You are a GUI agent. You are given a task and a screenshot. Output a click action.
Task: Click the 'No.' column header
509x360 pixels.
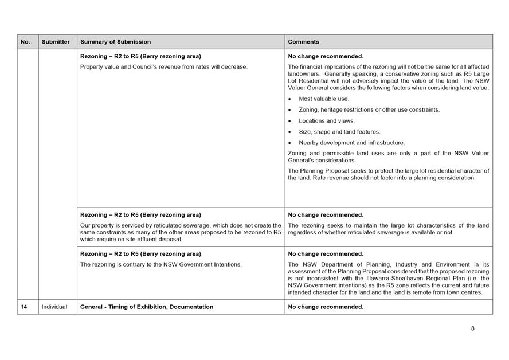click(25, 42)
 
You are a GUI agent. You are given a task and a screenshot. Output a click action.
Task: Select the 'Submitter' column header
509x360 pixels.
click(56, 42)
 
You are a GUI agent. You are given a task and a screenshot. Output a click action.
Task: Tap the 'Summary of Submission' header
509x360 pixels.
click(116, 42)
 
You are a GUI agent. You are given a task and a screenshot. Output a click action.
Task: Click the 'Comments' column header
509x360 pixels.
click(304, 42)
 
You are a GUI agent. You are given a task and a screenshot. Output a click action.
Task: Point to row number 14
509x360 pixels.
click(24, 307)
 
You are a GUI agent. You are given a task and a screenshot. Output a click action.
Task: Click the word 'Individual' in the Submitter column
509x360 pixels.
click(54, 307)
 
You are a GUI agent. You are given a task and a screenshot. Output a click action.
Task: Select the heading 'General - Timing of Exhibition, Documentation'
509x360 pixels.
click(147, 307)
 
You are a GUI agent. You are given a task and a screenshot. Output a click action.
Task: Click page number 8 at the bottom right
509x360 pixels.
click(473, 328)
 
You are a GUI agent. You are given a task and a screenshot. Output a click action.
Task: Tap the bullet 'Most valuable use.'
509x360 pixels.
click(324, 99)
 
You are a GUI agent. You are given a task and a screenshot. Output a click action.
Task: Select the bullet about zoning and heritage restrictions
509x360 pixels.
click(369, 109)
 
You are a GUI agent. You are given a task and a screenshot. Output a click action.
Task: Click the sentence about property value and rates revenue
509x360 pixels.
click(164, 67)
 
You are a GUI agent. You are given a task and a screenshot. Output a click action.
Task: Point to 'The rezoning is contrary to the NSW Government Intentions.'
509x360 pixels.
click(161, 264)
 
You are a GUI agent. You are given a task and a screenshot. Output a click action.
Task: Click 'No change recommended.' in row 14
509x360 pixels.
click(326, 307)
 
